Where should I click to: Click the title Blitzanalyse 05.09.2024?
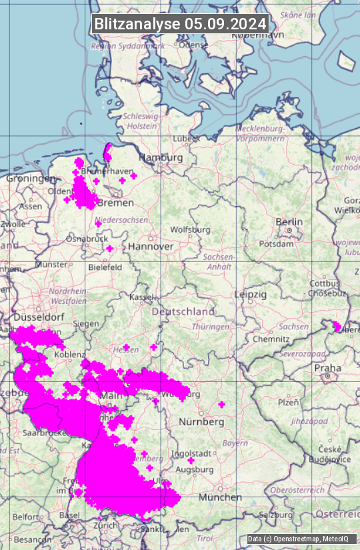pyautogui.click(x=180, y=24)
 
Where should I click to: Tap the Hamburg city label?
pyautogui.click(x=160, y=157)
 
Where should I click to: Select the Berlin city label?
pyautogui.click(x=289, y=222)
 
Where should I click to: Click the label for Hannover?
pyautogui.click(x=151, y=246)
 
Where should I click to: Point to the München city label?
pyautogui.click(x=219, y=497)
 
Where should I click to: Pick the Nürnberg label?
pyautogui.click(x=201, y=422)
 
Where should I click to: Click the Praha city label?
pyautogui.click(x=327, y=368)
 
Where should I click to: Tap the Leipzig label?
pyautogui.click(x=251, y=294)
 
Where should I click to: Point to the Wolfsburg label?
pyautogui.click(x=190, y=229)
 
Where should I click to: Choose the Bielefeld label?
pyautogui.click(x=105, y=267)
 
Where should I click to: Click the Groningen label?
pyautogui.click(x=31, y=179)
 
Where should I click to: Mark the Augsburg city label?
pyautogui.click(x=194, y=469)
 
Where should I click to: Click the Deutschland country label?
pyautogui.click(x=183, y=311)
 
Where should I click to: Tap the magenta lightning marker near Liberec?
pyautogui.click(x=337, y=326)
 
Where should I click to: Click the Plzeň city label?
pyautogui.click(x=288, y=402)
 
